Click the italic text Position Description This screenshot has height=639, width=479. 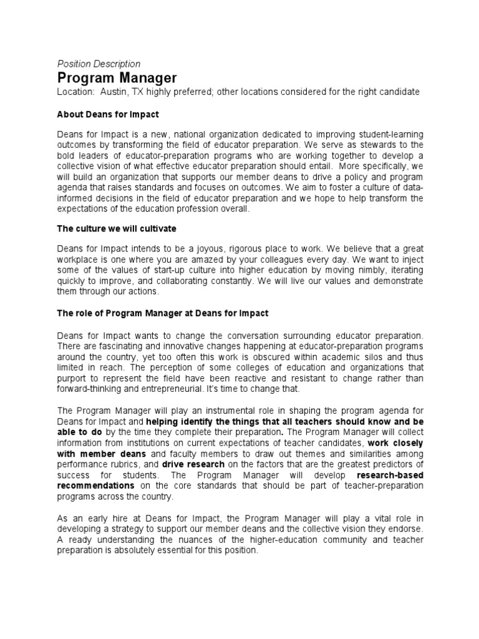tap(99, 64)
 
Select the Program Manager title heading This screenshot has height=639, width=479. tap(117, 78)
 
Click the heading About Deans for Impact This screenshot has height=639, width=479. tap(108, 114)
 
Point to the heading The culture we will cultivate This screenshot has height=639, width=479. tap(117, 228)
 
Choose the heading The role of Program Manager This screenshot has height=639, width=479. tap(163, 313)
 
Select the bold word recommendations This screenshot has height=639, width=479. tap(95, 485)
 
